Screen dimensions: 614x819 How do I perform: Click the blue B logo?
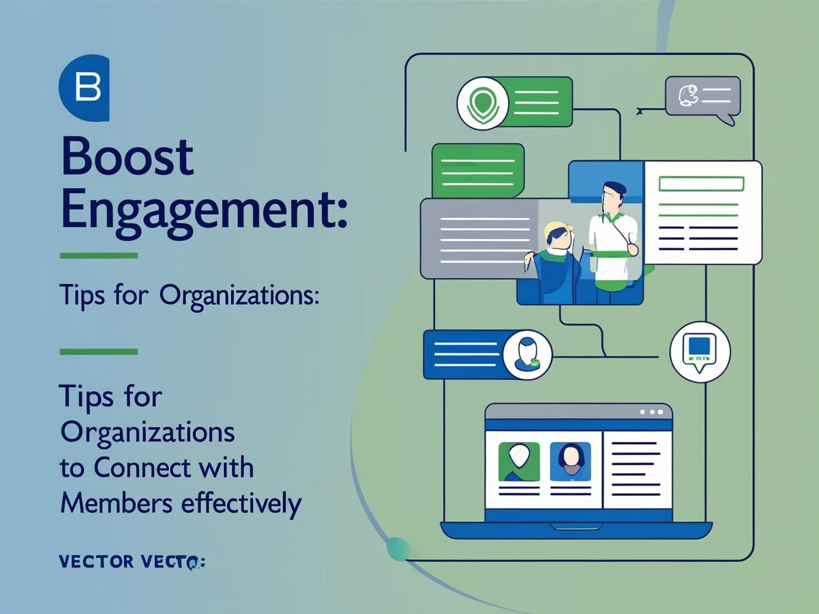[x=85, y=87]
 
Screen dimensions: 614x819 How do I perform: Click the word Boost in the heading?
[x=127, y=156]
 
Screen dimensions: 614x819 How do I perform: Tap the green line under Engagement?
[x=99, y=256]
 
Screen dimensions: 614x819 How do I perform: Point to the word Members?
[x=116, y=503]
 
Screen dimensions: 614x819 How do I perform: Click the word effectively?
[x=241, y=503]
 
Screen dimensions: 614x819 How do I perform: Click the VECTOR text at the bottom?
[x=96, y=562]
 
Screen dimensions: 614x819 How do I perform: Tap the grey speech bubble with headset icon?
[x=703, y=97]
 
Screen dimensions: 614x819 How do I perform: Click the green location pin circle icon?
[x=482, y=103]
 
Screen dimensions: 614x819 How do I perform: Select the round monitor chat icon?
[x=700, y=352]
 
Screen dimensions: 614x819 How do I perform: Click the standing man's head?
[x=612, y=195]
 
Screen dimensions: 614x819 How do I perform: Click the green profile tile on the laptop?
[x=518, y=461]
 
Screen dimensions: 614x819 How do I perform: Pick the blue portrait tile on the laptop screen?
[x=570, y=461]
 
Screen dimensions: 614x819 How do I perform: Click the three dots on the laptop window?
[x=651, y=412]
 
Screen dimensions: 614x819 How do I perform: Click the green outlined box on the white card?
[x=701, y=184]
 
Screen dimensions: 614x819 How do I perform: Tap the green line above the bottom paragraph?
[x=99, y=352]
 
